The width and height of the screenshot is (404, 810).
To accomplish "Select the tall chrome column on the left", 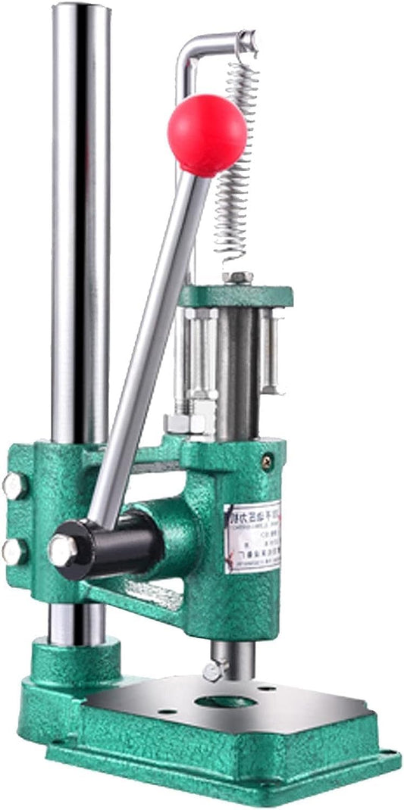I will point(80,227).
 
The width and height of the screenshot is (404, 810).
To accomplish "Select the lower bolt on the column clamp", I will point(13,552).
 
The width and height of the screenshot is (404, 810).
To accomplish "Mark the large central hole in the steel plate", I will point(225,702).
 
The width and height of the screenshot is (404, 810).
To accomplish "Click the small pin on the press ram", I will point(215,669).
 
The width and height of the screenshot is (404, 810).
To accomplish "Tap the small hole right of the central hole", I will point(267,689).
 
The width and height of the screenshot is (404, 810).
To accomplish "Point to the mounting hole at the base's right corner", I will point(387,754).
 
